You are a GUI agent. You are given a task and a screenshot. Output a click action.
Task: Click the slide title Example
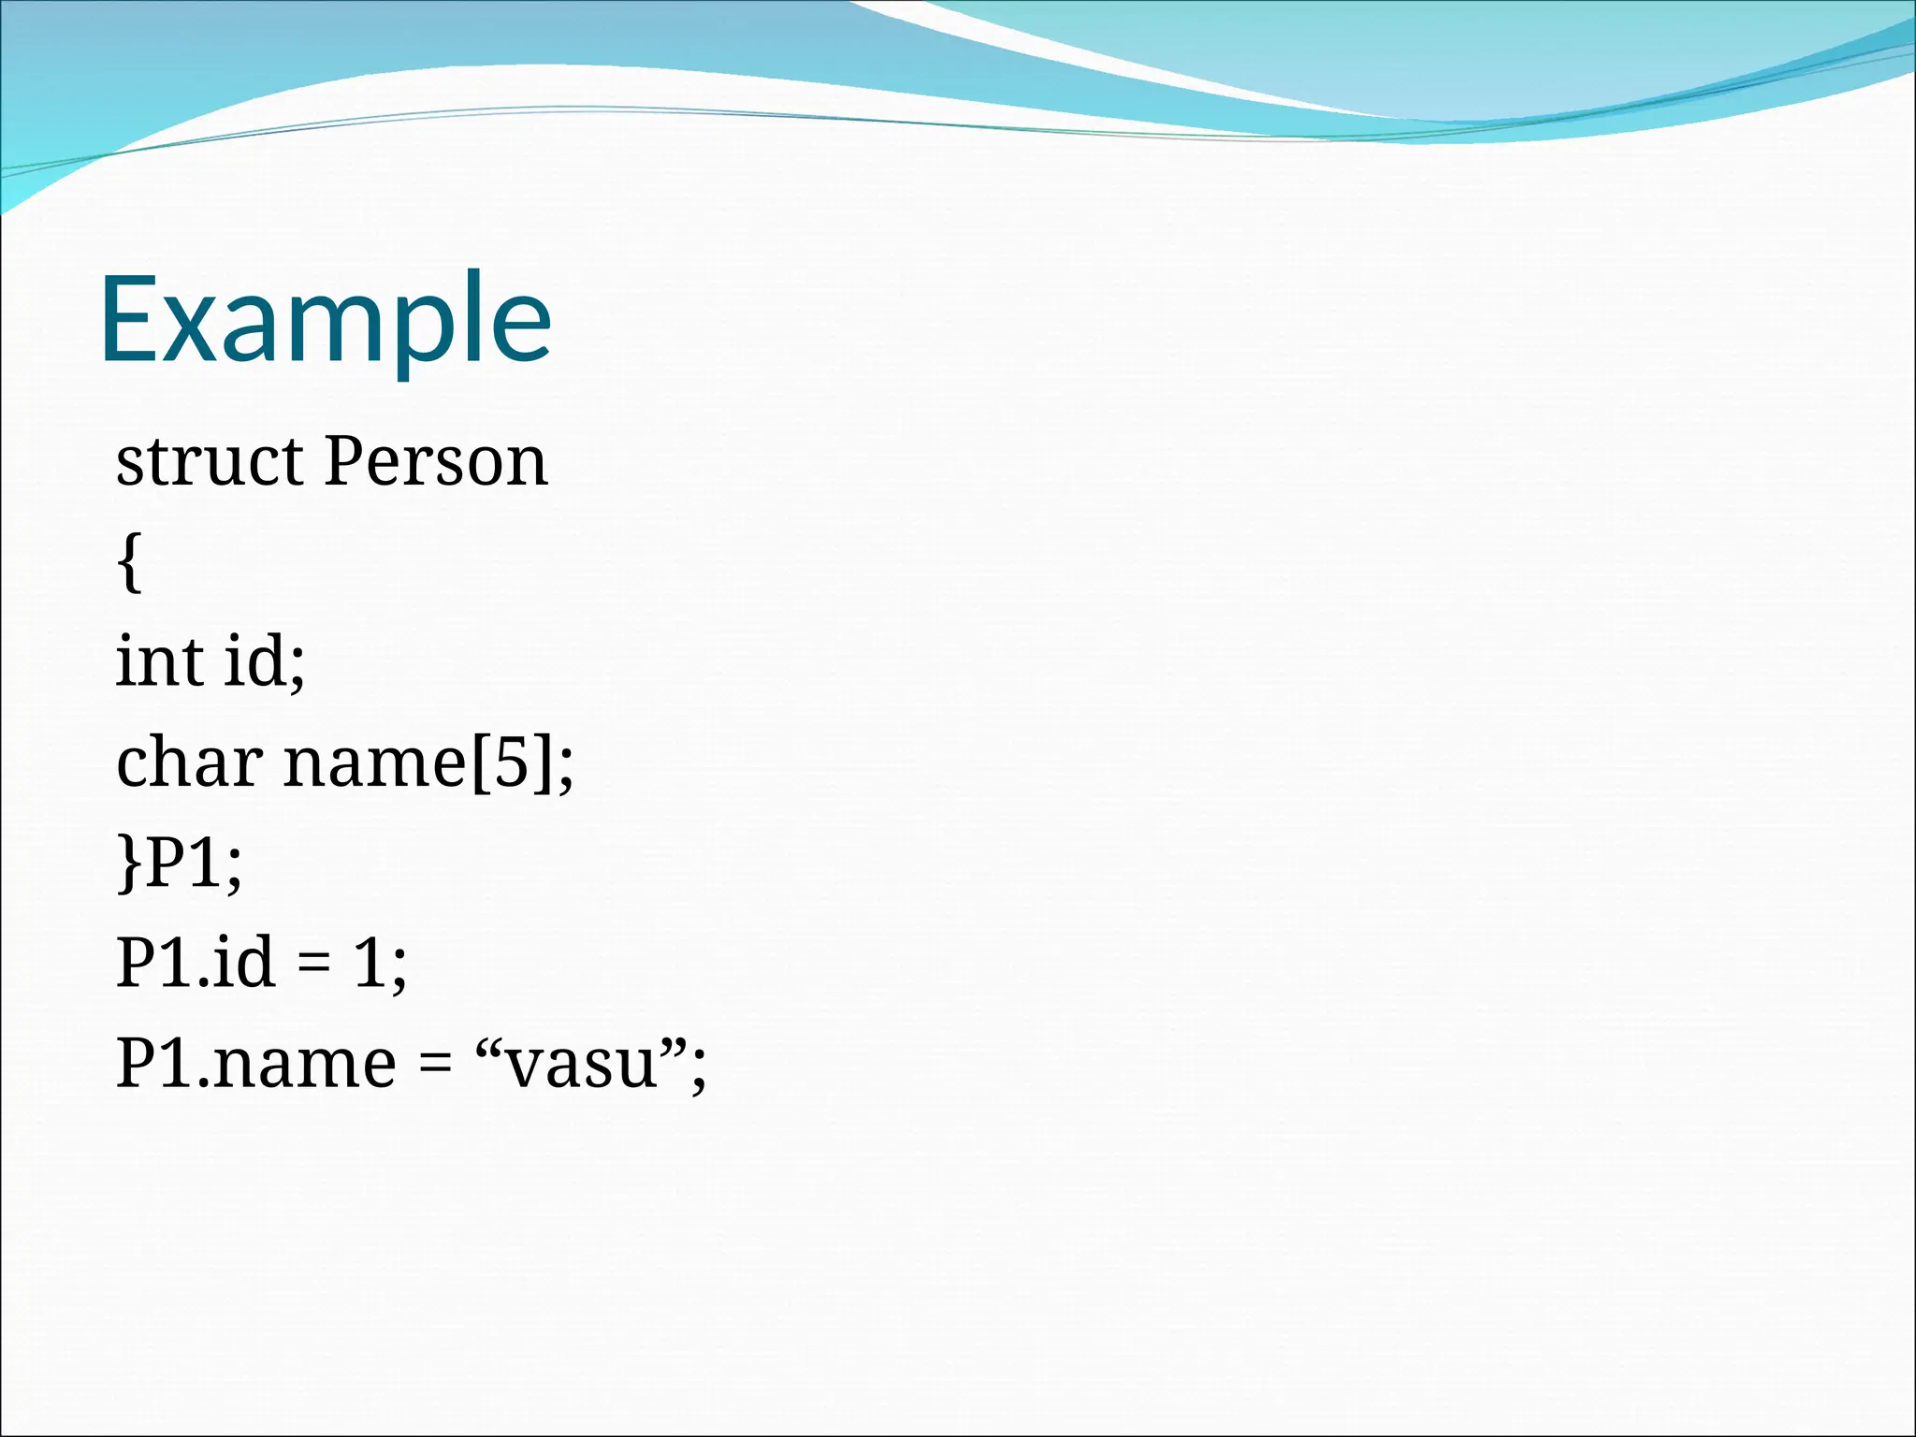click(326, 320)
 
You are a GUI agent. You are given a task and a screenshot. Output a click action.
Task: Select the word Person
click(435, 462)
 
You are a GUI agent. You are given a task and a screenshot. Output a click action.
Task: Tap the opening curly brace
click(131, 562)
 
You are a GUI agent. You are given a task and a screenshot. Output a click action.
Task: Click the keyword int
click(160, 661)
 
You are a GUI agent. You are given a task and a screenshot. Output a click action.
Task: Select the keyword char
click(189, 762)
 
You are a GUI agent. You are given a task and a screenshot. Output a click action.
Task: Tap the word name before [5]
click(374, 762)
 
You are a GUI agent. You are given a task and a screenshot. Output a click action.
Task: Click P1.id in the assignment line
click(196, 964)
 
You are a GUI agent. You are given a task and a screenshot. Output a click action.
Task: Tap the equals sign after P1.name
click(435, 1066)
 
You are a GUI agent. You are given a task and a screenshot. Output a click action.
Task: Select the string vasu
click(582, 1066)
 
